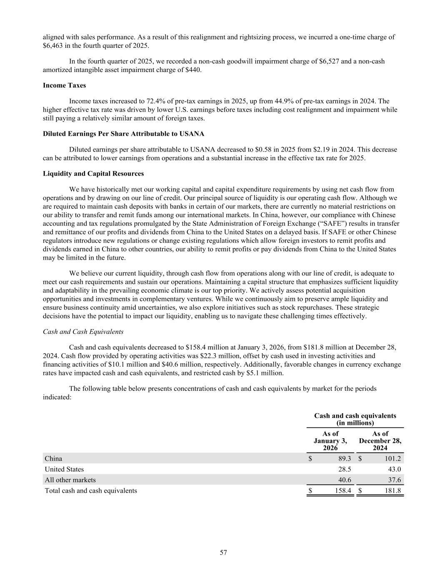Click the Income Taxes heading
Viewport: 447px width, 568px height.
[64, 85]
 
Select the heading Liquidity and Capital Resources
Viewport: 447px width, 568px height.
[93, 174]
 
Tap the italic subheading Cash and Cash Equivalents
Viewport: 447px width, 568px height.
[83, 332]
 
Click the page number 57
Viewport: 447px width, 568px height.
[224, 552]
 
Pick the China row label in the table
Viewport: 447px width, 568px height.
[53, 458]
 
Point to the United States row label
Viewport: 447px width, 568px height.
[64, 469]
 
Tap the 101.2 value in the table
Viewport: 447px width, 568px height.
[393, 458]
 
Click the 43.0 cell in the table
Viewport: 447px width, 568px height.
[394, 469]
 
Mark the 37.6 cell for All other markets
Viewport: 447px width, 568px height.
[394, 480]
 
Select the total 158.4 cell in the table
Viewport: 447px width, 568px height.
[342, 491]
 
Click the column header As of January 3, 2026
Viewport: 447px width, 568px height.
[330, 441]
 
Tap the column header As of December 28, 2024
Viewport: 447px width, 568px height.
[380, 441]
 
